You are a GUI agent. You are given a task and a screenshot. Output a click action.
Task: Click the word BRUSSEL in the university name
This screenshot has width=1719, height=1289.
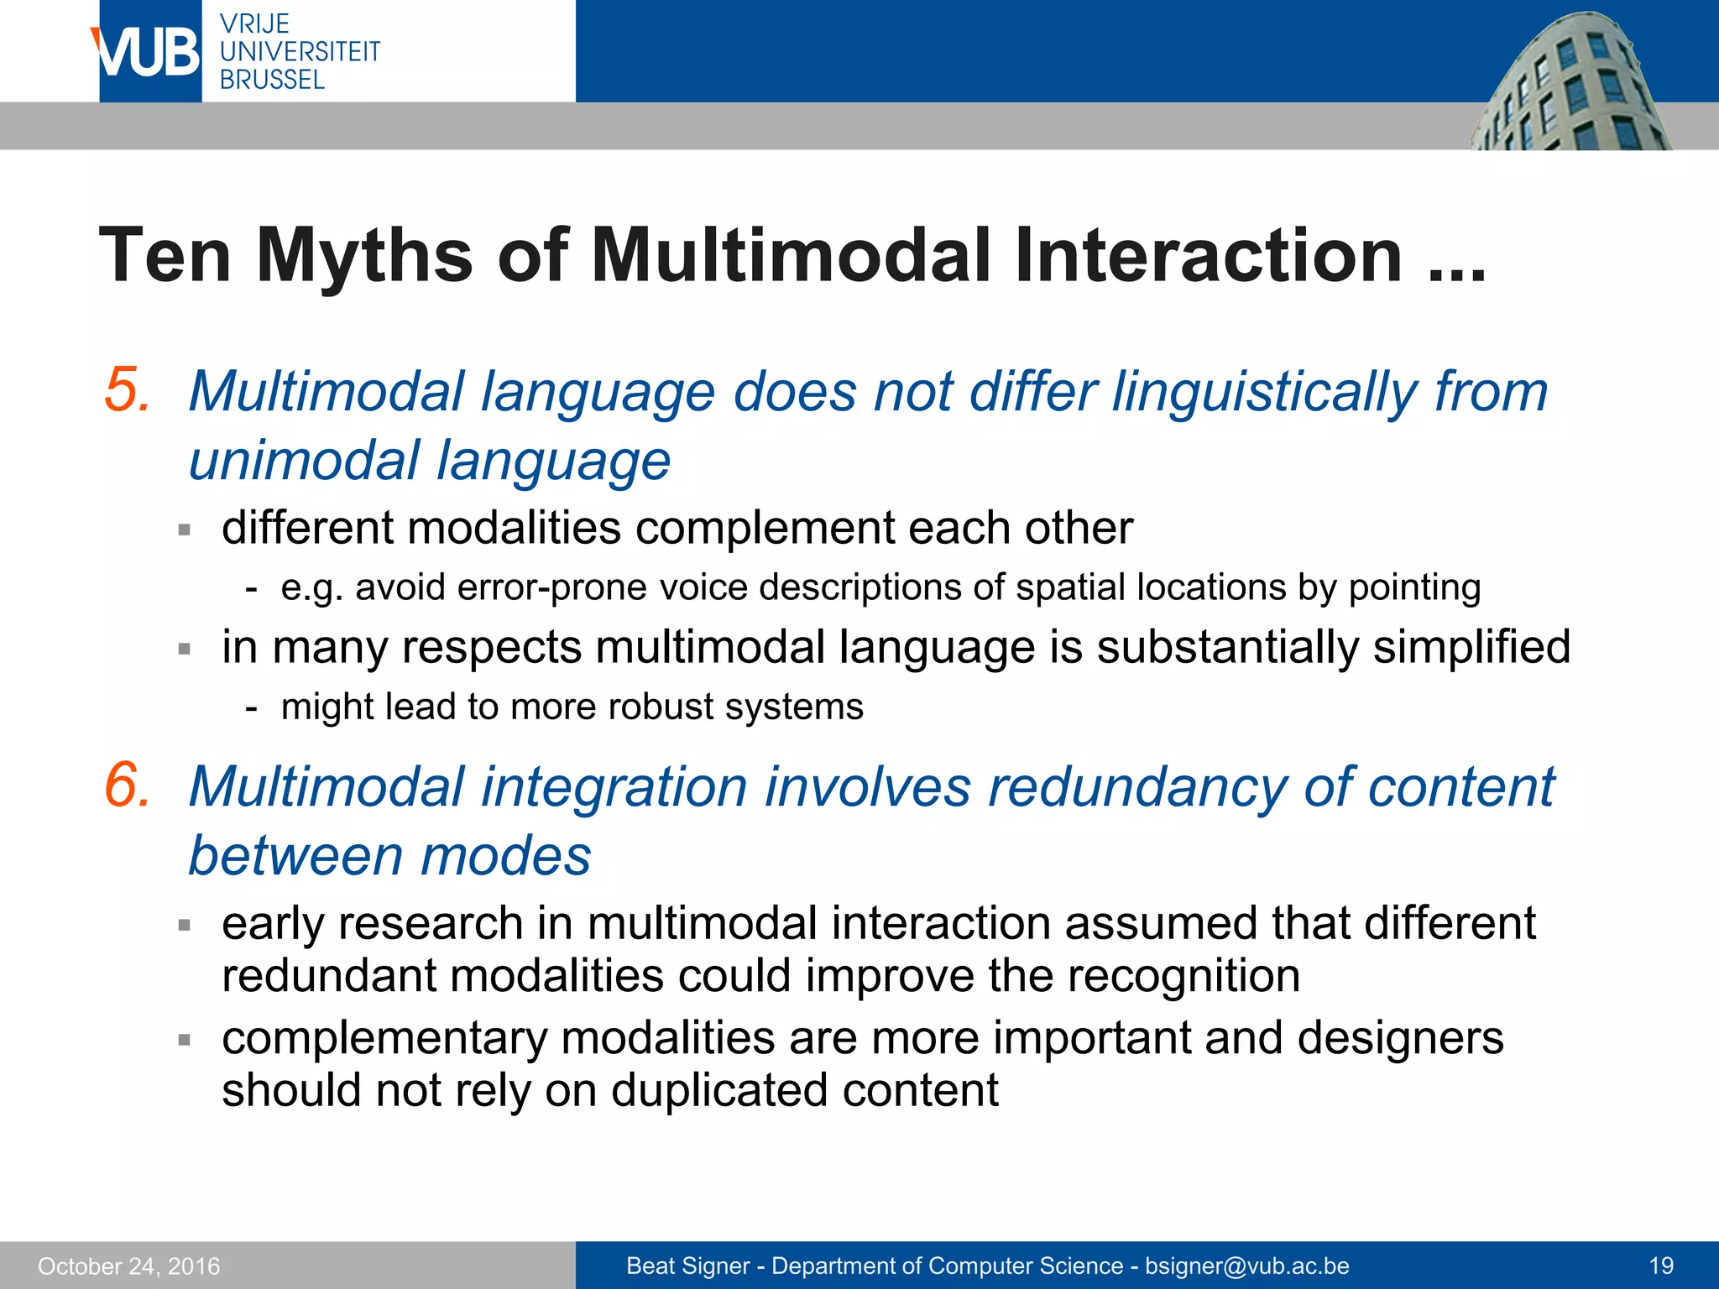coord(272,80)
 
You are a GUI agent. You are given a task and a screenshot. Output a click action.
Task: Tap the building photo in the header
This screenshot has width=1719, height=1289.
coord(1570,84)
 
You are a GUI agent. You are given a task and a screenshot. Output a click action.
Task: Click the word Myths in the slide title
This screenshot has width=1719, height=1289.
coord(365,255)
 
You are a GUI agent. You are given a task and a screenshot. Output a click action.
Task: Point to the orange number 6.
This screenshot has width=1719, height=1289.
coord(128,785)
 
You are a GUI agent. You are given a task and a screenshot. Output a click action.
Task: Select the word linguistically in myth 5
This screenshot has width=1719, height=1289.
coord(1264,392)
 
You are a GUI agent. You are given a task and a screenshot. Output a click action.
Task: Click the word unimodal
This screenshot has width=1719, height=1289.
coord(303,461)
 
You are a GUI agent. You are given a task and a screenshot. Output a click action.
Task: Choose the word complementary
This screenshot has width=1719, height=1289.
coord(384,1038)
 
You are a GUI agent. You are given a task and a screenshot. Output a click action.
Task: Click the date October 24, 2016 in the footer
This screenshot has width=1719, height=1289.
coord(128,1266)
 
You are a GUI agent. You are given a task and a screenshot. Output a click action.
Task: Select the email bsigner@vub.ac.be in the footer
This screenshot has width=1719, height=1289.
coord(1247,1266)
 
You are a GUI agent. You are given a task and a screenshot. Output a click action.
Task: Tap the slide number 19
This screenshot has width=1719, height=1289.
coord(1661,1266)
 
